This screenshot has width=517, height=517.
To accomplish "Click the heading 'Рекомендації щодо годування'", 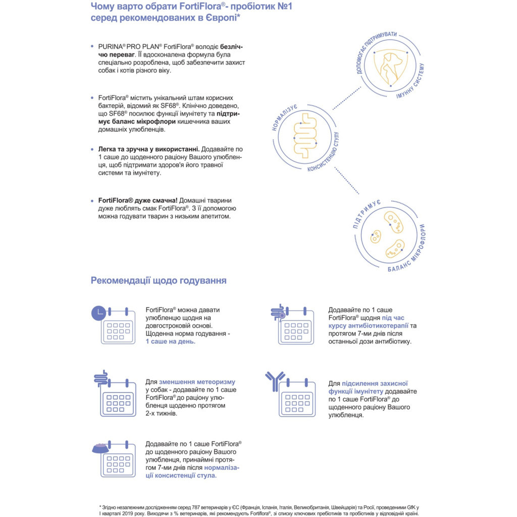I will (x=159, y=280).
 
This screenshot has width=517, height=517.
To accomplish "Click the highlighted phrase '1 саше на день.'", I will (x=170, y=342).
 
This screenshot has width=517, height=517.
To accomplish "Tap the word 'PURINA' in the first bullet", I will (x=112, y=46).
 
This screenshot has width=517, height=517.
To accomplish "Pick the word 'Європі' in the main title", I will (x=218, y=18).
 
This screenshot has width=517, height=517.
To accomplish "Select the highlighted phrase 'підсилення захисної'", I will (x=375, y=383).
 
